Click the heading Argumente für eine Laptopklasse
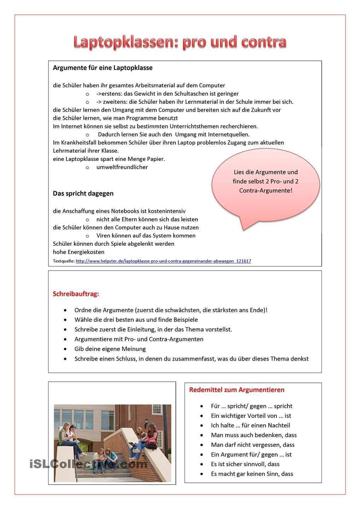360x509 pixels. click(103, 68)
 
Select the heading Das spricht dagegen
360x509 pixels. click(83, 193)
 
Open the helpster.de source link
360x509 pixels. click(163, 261)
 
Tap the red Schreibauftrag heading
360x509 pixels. click(76, 294)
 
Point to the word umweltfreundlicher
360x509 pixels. click(122, 167)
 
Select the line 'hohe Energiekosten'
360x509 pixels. click(79, 252)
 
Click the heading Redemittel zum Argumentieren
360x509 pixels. click(237, 390)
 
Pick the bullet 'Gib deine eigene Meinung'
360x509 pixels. click(110, 349)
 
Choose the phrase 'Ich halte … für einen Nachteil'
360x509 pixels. click(250, 426)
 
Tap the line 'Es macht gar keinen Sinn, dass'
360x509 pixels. click(252, 474)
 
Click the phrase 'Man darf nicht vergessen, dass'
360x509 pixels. click(252, 445)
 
